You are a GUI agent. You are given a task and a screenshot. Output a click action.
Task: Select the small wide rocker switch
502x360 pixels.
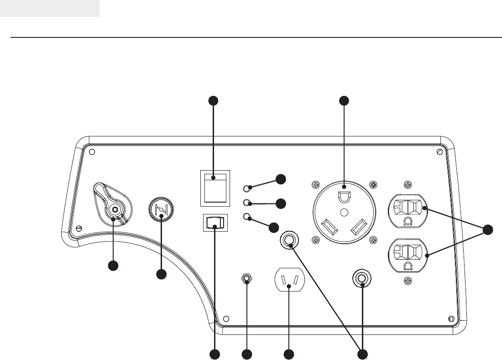(x=214, y=223)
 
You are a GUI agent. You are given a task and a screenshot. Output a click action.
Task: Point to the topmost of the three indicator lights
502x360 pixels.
(x=247, y=188)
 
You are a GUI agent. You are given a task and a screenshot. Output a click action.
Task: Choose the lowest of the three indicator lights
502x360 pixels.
(x=247, y=217)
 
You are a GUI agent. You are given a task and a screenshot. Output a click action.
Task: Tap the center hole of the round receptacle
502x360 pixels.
(x=345, y=212)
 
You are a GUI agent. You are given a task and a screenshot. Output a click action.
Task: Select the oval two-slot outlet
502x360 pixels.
(x=289, y=280)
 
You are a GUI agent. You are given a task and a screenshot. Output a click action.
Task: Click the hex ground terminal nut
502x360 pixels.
(x=247, y=279)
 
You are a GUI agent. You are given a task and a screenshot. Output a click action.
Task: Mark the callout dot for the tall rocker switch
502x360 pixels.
(x=214, y=101)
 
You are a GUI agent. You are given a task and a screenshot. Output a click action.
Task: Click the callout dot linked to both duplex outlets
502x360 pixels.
(x=488, y=230)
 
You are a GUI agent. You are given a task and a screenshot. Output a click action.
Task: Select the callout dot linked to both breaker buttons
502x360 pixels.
(x=362, y=354)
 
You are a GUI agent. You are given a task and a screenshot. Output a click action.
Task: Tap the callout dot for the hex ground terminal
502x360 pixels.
(x=247, y=354)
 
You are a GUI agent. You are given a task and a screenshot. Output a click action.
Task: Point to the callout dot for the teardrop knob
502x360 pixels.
(x=113, y=266)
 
